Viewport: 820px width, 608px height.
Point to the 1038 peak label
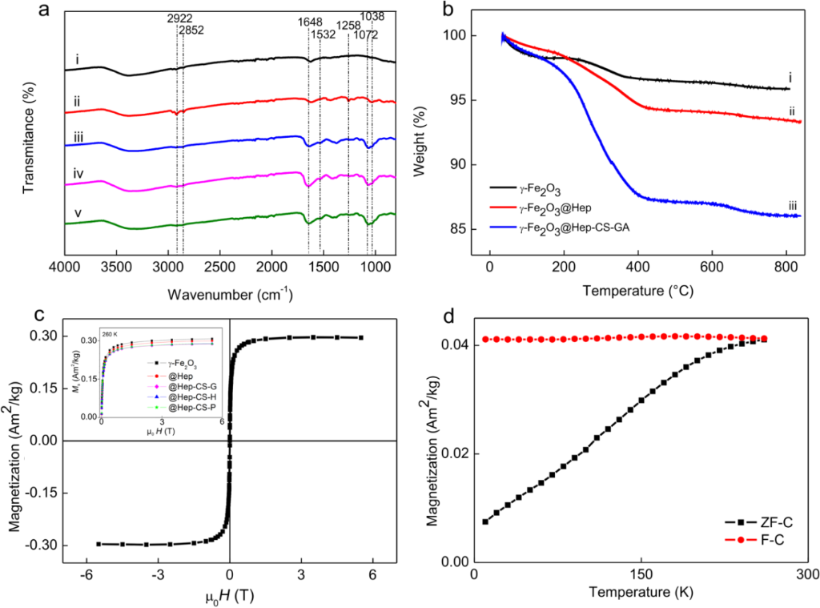372,16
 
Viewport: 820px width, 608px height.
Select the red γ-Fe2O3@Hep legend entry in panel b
529,208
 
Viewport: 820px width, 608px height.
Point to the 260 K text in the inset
109,332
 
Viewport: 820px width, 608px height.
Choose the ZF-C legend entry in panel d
766,521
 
